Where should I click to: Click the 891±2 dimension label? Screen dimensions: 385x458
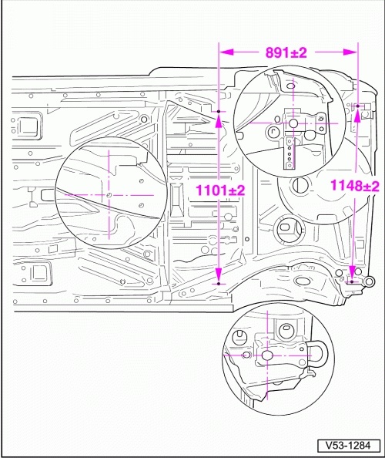click(x=286, y=53)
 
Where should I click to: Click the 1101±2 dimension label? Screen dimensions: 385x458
click(x=220, y=190)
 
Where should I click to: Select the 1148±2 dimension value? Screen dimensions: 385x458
click(x=355, y=186)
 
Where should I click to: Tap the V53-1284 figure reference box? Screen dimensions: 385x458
click(x=349, y=446)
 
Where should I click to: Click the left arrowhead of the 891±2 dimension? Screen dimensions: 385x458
click(x=226, y=52)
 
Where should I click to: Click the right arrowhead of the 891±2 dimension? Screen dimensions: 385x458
click(x=350, y=52)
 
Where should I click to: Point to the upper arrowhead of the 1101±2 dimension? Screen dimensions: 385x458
click(x=219, y=121)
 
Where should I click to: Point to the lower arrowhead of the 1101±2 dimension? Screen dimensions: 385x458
click(x=219, y=275)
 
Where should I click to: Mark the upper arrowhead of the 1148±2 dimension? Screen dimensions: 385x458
click(x=357, y=115)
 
